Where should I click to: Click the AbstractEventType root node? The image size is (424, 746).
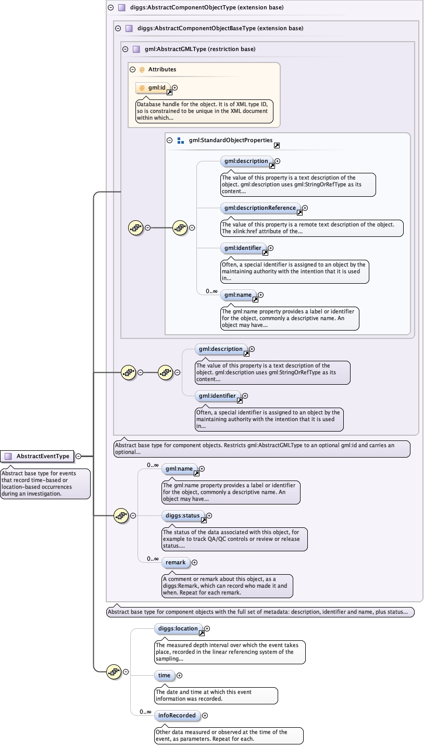[37, 456]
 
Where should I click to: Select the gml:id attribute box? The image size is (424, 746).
[153, 88]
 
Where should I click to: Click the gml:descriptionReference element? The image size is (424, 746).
[260, 208]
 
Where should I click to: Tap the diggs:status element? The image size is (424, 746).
[183, 515]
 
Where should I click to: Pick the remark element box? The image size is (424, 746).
[176, 563]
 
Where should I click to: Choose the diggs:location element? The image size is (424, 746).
[178, 628]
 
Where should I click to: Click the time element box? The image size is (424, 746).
[164, 675]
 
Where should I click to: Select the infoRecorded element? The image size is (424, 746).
[177, 715]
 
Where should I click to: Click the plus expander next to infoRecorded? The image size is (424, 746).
[205, 715]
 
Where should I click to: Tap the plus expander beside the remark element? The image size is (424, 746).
[195, 563]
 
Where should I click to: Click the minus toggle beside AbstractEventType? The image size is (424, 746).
[78, 456]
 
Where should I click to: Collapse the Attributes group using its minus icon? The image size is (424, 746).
[132, 69]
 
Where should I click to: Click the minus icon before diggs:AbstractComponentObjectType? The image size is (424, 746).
[110, 7]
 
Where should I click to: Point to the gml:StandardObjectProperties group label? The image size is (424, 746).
[231, 140]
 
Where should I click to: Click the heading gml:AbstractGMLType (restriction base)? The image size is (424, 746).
[200, 49]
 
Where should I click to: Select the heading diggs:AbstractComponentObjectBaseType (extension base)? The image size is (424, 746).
[220, 28]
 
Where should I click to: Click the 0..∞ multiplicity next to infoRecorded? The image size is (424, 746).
[146, 712]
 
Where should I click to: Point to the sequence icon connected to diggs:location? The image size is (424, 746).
[114, 672]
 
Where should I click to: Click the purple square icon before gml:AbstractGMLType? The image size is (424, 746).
[136, 49]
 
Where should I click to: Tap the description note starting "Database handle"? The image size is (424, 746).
[204, 111]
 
